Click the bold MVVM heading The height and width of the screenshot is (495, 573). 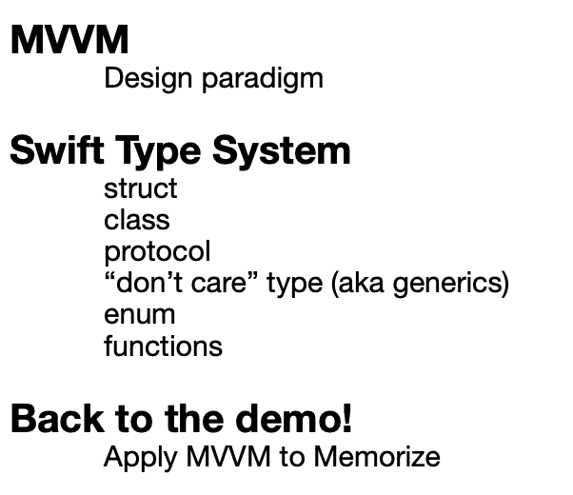(x=69, y=39)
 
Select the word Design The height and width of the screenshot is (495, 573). (x=148, y=79)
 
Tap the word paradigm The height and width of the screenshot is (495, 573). (x=263, y=79)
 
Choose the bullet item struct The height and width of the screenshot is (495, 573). (x=141, y=188)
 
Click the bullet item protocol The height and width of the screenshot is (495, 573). (x=157, y=252)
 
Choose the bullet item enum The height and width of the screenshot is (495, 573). (x=140, y=315)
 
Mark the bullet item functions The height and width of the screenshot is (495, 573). (x=164, y=346)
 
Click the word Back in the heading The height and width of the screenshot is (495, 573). (x=57, y=419)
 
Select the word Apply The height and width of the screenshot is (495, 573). (x=141, y=458)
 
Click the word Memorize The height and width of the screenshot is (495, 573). (x=377, y=456)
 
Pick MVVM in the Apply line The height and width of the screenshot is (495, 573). (x=228, y=456)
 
